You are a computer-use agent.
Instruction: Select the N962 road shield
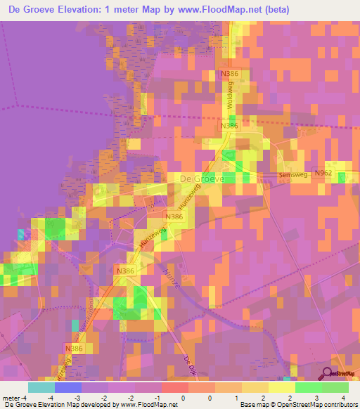(x=323, y=173)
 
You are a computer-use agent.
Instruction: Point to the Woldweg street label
(x=230, y=93)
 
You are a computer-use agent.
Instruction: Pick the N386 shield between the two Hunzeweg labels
(x=174, y=217)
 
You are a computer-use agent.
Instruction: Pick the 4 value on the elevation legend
(x=342, y=398)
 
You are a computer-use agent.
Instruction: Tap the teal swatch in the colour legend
(x=41, y=387)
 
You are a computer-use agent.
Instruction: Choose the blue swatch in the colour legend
(x=68, y=387)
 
